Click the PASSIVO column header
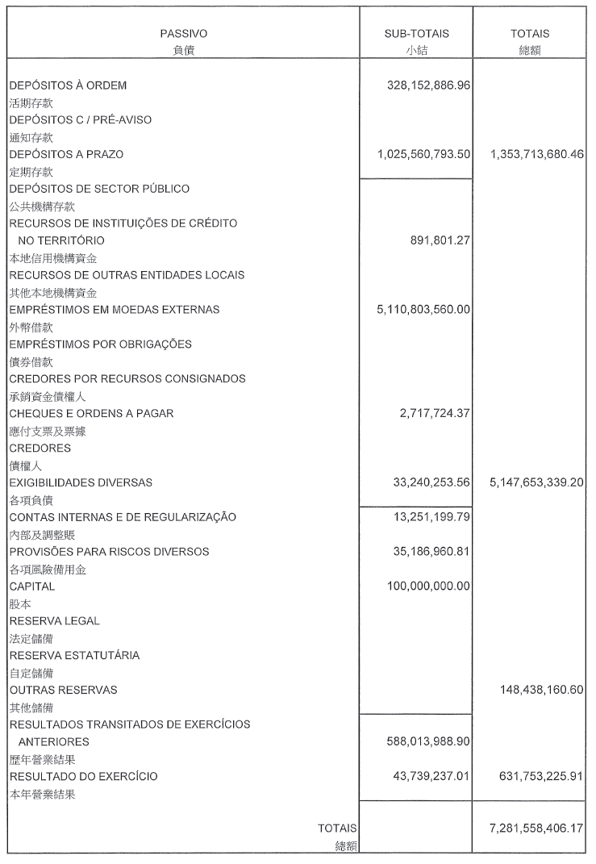pyautogui.click(x=183, y=34)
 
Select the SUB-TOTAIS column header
pyautogui.click(x=416, y=34)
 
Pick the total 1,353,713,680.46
pyautogui.click(x=536, y=154)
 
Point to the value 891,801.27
pyautogui.click(x=440, y=240)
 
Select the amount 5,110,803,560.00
pyautogui.click(x=423, y=309)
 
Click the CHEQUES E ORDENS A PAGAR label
pyautogui.click(x=91, y=413)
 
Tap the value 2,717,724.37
pyautogui.click(x=435, y=413)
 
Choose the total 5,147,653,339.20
pyautogui.click(x=536, y=482)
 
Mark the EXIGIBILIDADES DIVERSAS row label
pyautogui.click(x=81, y=482)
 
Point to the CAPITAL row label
pyautogui.click(x=32, y=586)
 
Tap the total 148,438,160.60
pyautogui.click(x=541, y=690)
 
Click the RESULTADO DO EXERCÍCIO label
pyautogui.click(x=83, y=776)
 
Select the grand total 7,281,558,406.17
pyautogui.click(x=536, y=828)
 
